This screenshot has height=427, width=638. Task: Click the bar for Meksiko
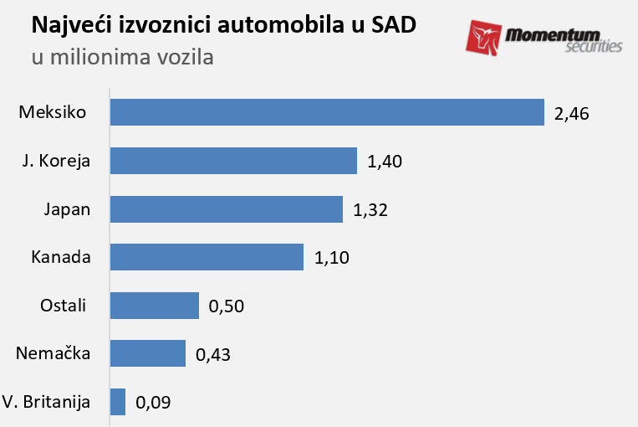click(327, 112)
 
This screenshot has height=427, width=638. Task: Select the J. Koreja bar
click(233, 161)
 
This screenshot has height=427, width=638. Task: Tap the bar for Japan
click(227, 209)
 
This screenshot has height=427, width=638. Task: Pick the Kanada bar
click(207, 257)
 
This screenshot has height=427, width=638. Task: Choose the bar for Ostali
click(155, 306)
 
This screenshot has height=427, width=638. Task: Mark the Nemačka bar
click(148, 353)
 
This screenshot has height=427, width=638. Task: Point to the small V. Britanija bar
click(118, 402)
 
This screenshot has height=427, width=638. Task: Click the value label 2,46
click(572, 113)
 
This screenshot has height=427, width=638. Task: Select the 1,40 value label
click(385, 162)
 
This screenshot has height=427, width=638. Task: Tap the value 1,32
click(370, 210)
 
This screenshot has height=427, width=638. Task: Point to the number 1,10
click(331, 258)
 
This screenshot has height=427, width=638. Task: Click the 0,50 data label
click(227, 306)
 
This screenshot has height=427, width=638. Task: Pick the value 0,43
click(212, 354)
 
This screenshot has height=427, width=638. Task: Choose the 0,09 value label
click(153, 403)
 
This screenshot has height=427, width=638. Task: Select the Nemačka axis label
click(53, 353)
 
